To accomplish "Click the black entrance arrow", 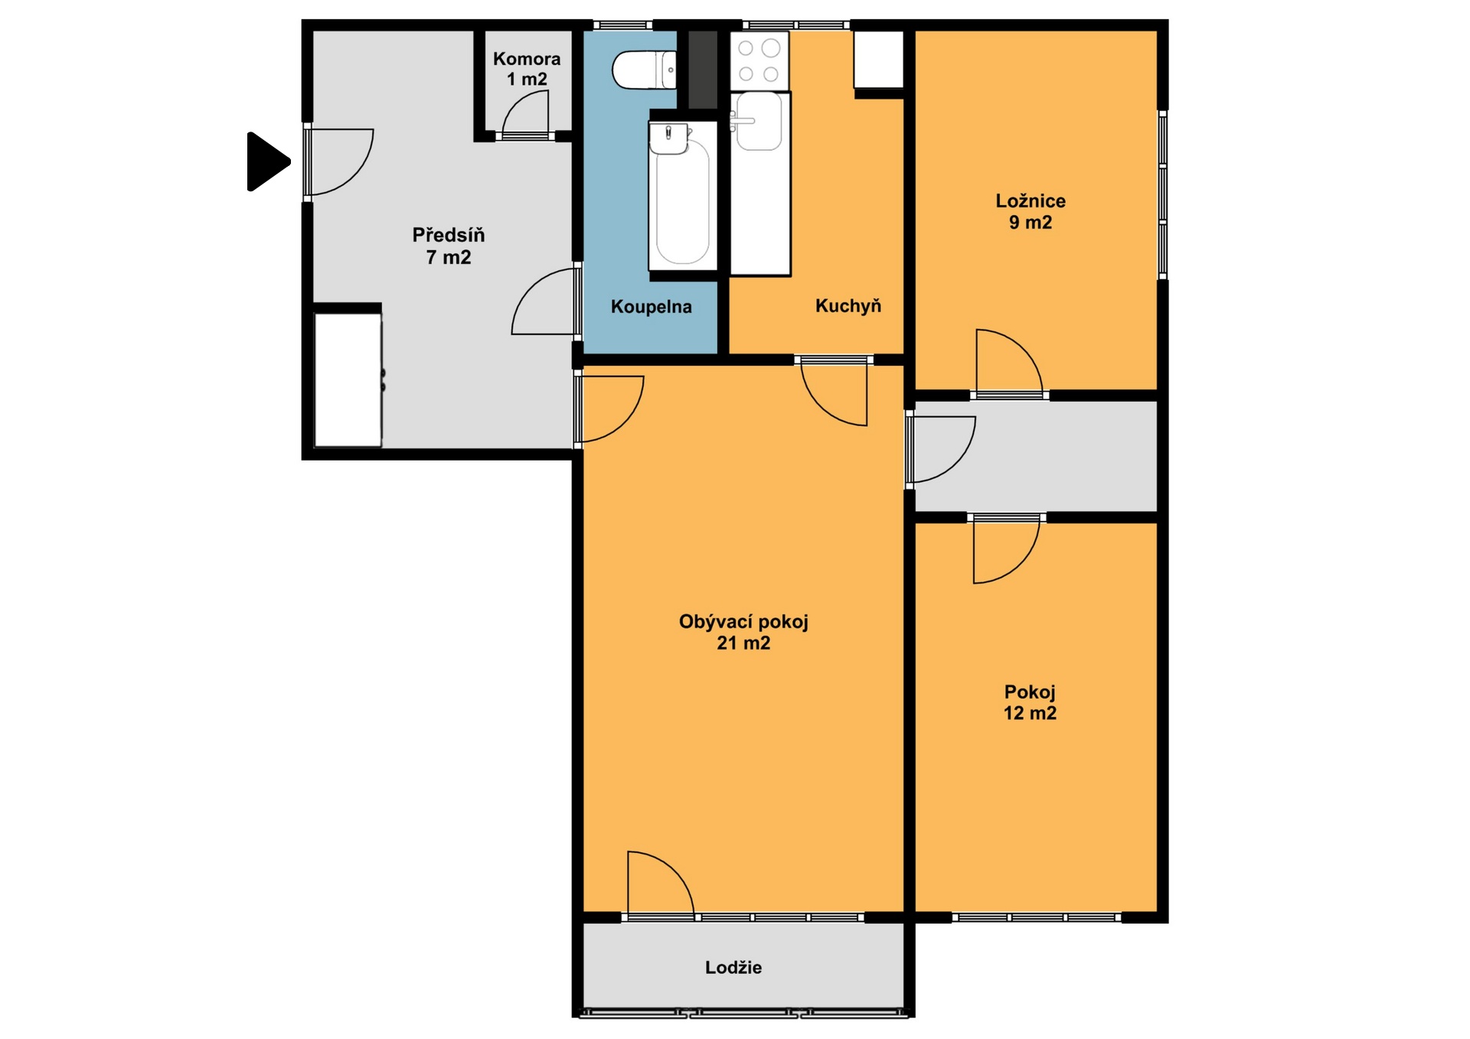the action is (266, 161).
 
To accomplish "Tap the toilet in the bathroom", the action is (644, 70).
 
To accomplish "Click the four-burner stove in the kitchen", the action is (759, 60).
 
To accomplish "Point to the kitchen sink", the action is (758, 121).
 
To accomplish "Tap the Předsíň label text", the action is (449, 236).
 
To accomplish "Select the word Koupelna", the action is (652, 307).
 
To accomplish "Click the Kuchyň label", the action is (848, 306).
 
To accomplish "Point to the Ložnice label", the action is (1031, 201).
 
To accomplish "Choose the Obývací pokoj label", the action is (743, 622).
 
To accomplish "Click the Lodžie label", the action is (733, 968).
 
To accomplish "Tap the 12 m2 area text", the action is (1031, 713).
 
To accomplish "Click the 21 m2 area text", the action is (743, 643).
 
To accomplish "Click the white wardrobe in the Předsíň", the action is (348, 380).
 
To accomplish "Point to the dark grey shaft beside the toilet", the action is (703, 70).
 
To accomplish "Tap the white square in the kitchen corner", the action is (879, 60).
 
